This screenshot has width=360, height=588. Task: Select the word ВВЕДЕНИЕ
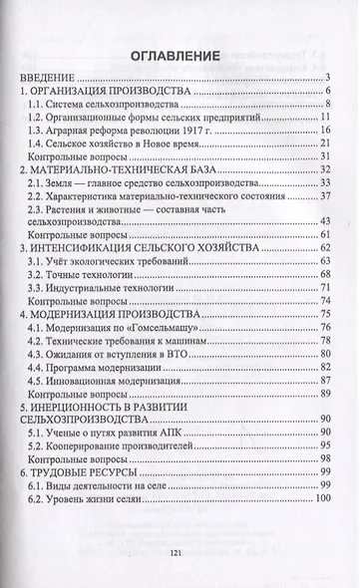[x=54, y=80]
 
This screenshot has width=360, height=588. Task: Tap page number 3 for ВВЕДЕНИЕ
[x=327, y=80]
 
